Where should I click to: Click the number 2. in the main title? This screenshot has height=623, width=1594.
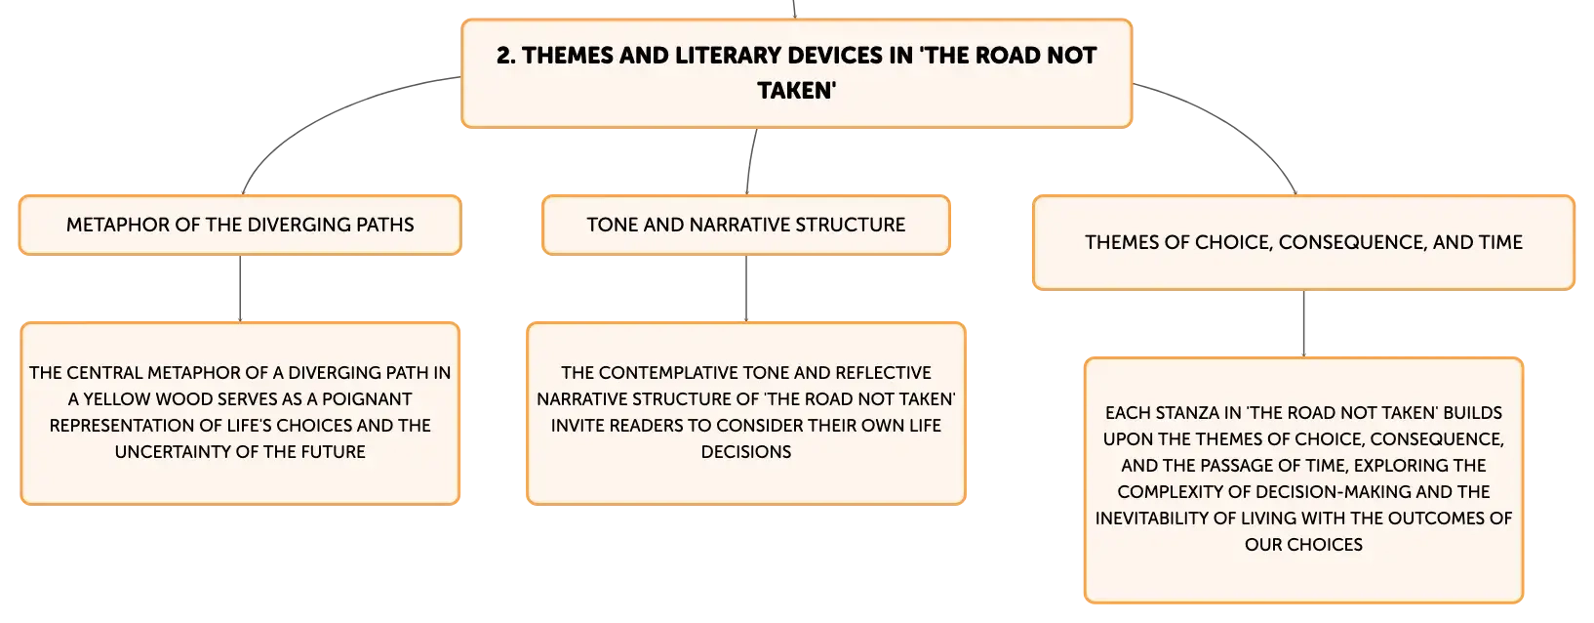[x=506, y=56]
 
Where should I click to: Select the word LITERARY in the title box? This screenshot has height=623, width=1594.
[x=719, y=56]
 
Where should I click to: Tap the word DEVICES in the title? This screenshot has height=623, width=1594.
[x=817, y=56]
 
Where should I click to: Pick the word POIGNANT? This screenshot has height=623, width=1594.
[x=367, y=399]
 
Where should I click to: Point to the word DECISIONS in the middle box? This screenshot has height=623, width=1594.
[x=745, y=452]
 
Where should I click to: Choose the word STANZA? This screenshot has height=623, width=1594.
[x=1187, y=413]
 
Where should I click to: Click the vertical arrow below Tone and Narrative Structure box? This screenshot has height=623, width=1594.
[x=745, y=288]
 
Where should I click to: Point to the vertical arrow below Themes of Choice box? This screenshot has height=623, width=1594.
[x=1303, y=324]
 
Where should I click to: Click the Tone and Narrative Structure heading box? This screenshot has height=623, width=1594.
[x=745, y=225]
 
